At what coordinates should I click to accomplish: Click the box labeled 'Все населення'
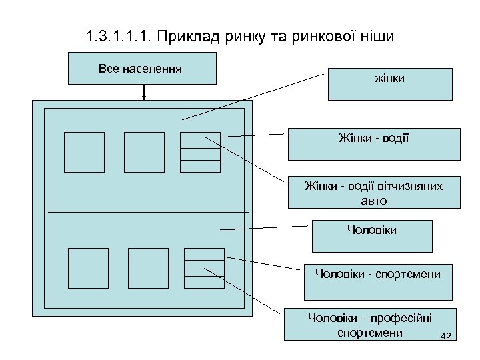(x=142, y=69)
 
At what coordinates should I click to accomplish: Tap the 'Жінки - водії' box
(x=374, y=144)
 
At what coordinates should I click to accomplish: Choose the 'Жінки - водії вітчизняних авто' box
(x=374, y=192)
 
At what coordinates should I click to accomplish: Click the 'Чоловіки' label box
(x=372, y=235)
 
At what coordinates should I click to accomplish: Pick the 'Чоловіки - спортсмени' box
(x=378, y=281)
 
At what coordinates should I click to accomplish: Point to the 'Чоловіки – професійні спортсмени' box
(x=371, y=325)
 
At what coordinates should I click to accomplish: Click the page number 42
(x=447, y=336)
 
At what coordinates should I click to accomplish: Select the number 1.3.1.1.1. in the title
(x=119, y=36)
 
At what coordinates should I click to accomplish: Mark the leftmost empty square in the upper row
(x=84, y=152)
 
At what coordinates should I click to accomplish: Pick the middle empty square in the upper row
(x=144, y=152)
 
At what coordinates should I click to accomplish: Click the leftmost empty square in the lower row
(x=88, y=268)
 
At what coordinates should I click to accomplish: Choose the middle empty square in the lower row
(x=148, y=268)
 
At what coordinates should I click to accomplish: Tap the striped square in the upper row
(x=200, y=152)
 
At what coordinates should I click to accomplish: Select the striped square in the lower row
(x=204, y=268)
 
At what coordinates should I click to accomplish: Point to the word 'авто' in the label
(x=373, y=200)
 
